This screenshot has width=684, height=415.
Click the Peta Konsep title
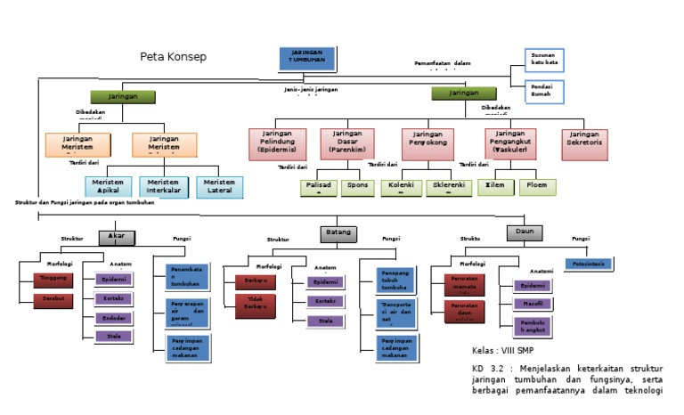pyautogui.click(x=173, y=57)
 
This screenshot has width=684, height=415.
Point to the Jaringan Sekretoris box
pyautogui.click(x=585, y=142)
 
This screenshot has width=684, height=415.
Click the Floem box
pyautogui.click(x=537, y=187)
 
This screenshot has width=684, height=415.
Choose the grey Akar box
pyautogui.click(x=116, y=236)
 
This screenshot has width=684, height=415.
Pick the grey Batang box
pyautogui.click(x=338, y=233)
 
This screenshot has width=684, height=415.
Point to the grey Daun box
pyautogui.click(x=525, y=233)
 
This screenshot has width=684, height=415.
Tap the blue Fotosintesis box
pyautogui.click(x=588, y=264)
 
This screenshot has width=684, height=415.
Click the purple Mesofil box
pyautogui.click(x=533, y=305)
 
